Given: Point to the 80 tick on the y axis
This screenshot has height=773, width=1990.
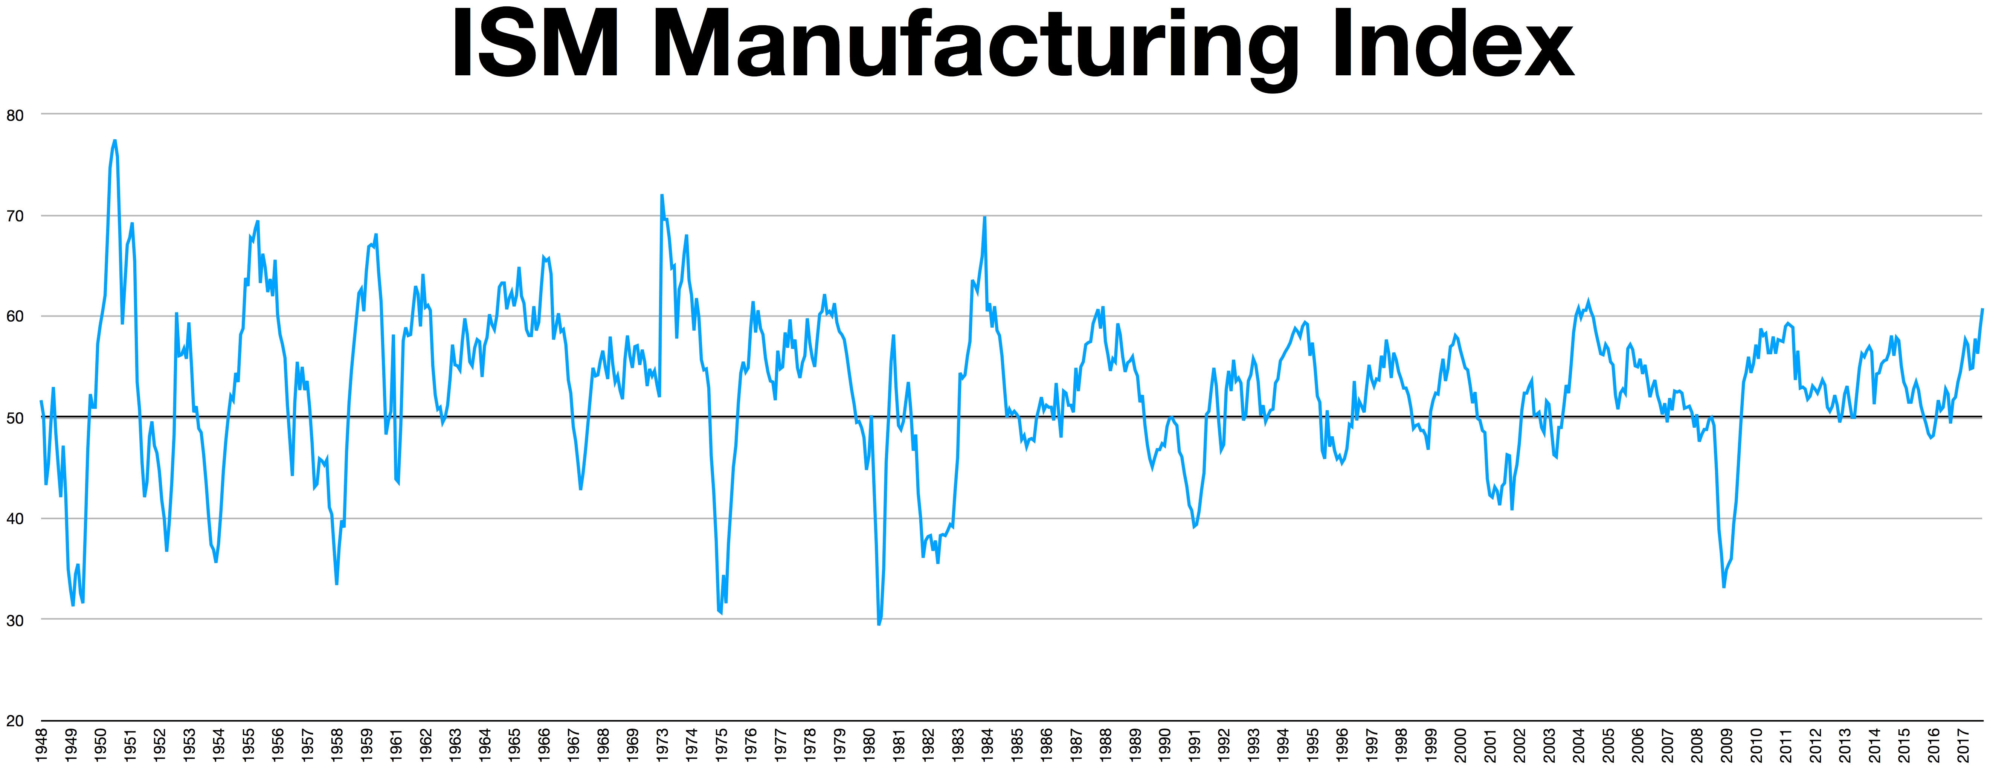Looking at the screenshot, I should tap(15, 115).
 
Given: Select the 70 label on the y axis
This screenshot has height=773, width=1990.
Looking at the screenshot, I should tap(15, 216).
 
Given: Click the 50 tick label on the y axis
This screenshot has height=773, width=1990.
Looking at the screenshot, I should tap(15, 418).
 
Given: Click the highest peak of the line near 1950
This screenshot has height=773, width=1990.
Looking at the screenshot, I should tap(114, 140).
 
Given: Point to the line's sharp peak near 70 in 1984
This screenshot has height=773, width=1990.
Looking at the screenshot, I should tap(984, 218).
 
